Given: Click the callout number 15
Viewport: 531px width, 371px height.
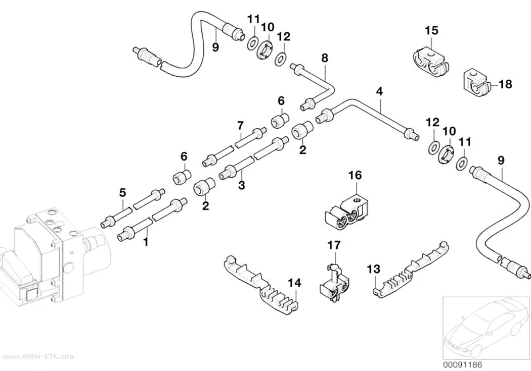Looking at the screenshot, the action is click(431, 30).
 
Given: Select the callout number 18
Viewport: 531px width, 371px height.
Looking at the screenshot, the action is click(505, 84).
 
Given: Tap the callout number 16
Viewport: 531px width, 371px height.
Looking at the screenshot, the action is click(355, 175).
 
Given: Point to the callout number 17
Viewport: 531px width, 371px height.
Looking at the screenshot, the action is click(334, 245).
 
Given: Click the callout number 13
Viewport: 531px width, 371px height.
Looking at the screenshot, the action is click(374, 270).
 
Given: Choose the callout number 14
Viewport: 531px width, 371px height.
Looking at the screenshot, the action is click(295, 283).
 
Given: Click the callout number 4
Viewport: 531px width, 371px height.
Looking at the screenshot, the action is click(379, 91).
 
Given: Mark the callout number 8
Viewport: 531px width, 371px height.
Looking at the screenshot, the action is click(325, 58).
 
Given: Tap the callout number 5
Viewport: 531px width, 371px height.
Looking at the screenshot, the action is click(122, 193).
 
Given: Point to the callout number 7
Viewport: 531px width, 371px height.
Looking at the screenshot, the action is click(240, 126).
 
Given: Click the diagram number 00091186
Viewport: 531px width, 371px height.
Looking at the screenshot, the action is click(462, 364).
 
